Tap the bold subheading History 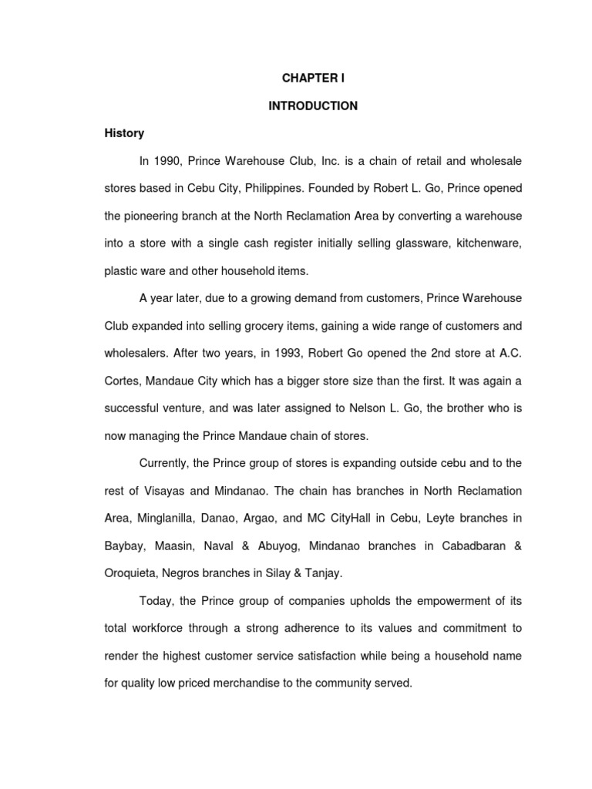(124, 133)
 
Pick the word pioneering (151, 215)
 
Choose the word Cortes (123, 381)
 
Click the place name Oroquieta (132, 573)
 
